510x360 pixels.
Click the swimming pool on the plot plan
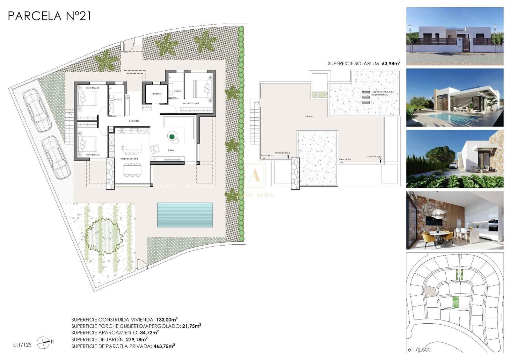[185, 215]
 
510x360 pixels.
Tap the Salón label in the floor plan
[171, 150]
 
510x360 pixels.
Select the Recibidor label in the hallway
[134, 121]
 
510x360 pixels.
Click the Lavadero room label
[156, 94]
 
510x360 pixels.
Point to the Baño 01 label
[178, 91]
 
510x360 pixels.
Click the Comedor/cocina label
[129, 159]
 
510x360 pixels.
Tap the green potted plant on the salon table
[172, 137]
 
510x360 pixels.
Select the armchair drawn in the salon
[155, 148]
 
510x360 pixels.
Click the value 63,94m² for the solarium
[391, 63]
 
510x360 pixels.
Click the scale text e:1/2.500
[419, 350]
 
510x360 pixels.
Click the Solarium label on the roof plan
[309, 117]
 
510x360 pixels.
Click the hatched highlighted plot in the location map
[430, 291]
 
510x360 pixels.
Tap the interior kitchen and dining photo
[455, 220]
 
